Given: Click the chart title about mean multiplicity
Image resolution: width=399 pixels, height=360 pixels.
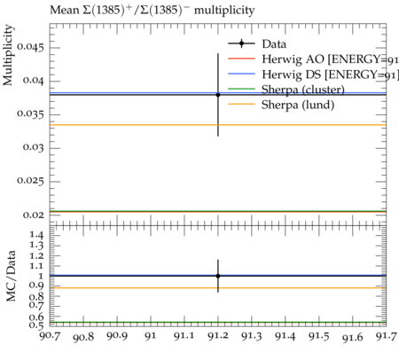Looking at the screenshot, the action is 152,11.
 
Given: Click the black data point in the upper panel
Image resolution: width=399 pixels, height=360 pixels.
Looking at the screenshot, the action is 218,95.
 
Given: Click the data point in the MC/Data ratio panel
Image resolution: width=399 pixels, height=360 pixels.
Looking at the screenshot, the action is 218,276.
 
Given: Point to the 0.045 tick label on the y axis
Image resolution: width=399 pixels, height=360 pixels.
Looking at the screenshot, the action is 30,47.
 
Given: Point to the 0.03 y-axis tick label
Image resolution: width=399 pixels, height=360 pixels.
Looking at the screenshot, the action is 34,147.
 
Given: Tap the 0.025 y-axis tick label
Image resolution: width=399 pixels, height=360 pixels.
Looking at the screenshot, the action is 30,181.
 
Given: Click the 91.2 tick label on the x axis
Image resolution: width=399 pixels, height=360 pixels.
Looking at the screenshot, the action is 218,336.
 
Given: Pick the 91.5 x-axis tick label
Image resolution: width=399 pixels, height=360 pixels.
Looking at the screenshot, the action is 319,336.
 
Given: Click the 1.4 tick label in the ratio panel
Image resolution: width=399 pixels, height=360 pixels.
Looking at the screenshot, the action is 36,236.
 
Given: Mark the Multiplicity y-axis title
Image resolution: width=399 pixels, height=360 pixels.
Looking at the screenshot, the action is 8,55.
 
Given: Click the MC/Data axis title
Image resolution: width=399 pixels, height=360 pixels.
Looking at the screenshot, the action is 11,276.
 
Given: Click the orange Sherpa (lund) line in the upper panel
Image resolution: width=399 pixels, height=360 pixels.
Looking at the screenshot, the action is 218,125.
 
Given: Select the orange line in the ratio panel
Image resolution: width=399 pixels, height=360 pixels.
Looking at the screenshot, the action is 218,288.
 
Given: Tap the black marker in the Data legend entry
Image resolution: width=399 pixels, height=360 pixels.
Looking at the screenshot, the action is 241,43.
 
